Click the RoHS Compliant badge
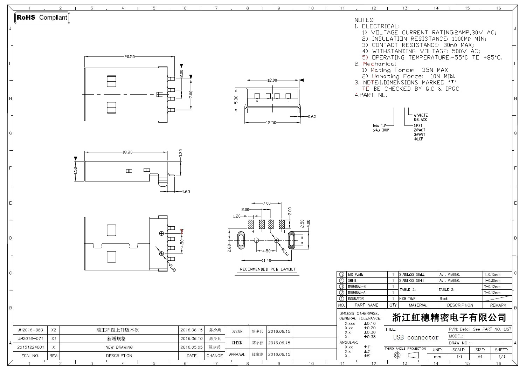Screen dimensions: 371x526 (x=42, y=18)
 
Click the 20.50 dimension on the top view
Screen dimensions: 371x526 (x=129, y=57)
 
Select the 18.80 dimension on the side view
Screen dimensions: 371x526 (x=127, y=152)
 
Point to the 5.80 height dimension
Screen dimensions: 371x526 (x=236, y=100)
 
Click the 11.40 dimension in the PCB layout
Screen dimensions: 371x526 (x=267, y=260)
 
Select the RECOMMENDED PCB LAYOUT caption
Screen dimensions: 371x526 (x=268, y=269)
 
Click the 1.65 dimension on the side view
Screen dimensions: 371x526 (x=186, y=192)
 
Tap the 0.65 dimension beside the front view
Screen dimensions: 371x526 (x=312, y=117)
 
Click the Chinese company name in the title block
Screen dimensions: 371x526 (x=449, y=318)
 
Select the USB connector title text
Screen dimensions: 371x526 (x=416, y=337)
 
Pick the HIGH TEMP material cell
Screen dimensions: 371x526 (x=407, y=299)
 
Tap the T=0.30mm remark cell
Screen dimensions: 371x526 (x=492, y=281)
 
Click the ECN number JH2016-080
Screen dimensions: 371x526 (x=30, y=330)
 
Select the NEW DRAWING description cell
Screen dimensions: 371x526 (x=119, y=347)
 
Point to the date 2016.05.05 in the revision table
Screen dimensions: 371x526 (x=192, y=347)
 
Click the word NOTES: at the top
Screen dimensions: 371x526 (x=364, y=20)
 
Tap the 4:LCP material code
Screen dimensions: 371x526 (x=418, y=139)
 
